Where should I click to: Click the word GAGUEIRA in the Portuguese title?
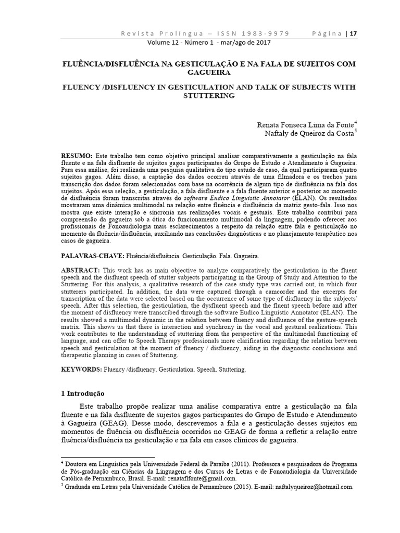tap(199, 72)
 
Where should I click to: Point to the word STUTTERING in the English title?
tap(199, 96)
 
